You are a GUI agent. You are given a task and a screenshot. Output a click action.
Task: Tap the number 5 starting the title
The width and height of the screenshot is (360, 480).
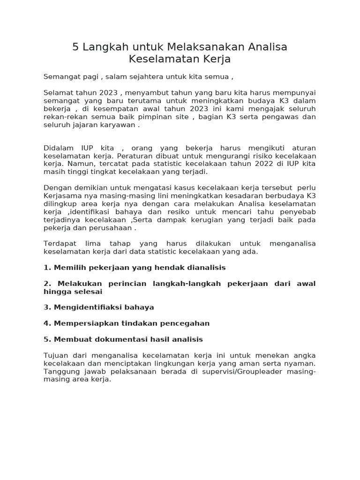(x=75, y=47)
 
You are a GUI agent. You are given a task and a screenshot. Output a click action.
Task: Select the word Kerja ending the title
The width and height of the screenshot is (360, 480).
(x=217, y=60)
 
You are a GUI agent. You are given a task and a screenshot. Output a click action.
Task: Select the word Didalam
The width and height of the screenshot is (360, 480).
(x=59, y=148)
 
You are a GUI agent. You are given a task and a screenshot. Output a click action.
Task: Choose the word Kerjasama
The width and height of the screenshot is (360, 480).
(x=63, y=196)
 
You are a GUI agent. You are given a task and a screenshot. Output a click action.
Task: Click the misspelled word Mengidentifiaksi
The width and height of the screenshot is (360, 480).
(x=88, y=307)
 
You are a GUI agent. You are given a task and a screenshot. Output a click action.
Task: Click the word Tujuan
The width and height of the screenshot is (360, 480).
(x=56, y=355)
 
